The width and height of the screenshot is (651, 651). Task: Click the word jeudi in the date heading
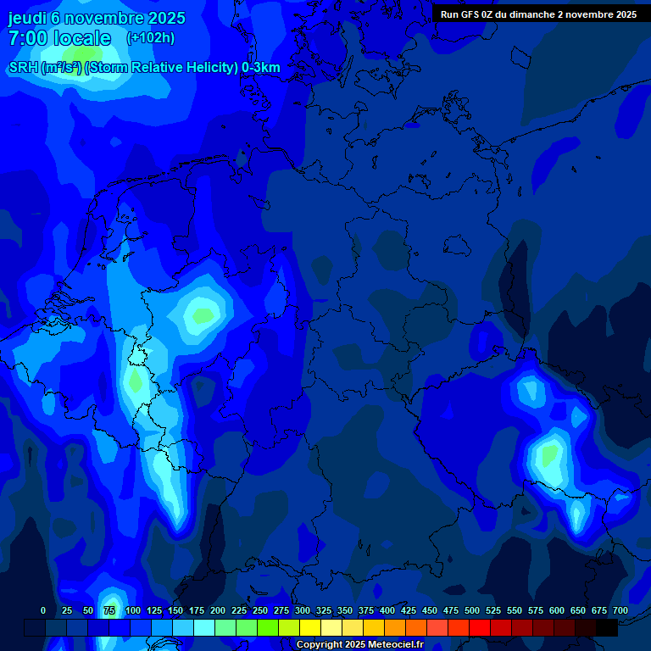[27, 18]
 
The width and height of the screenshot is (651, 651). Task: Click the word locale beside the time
[81, 38]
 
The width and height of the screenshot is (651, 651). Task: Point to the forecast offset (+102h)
[150, 38]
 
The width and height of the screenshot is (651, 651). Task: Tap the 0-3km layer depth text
[260, 68]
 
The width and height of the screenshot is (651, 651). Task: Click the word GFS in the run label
[475, 14]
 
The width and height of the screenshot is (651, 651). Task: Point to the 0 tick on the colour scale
[43, 610]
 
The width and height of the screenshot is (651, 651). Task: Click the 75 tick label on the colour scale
[109, 610]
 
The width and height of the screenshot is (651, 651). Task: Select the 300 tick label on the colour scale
[303, 610]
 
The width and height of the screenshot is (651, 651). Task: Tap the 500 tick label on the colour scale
[472, 610]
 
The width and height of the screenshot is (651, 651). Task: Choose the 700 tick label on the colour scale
[620, 610]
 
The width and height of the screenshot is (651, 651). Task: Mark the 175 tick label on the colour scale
[196, 610]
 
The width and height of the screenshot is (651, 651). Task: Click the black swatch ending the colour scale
[607, 627]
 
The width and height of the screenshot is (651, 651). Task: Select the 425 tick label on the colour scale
[409, 610]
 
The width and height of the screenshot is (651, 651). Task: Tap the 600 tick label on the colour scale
[557, 610]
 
